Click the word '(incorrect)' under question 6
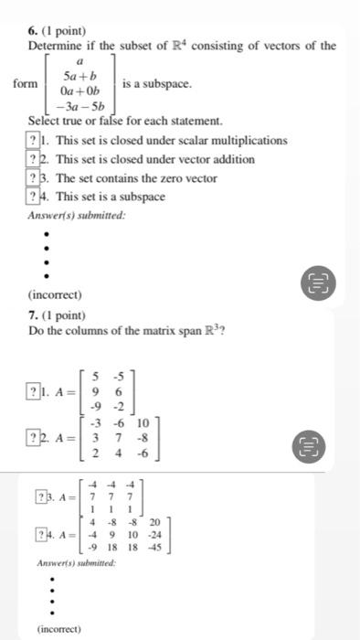click(x=55, y=295)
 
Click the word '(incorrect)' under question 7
click(x=59, y=628)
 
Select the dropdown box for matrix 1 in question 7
click(x=34, y=394)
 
